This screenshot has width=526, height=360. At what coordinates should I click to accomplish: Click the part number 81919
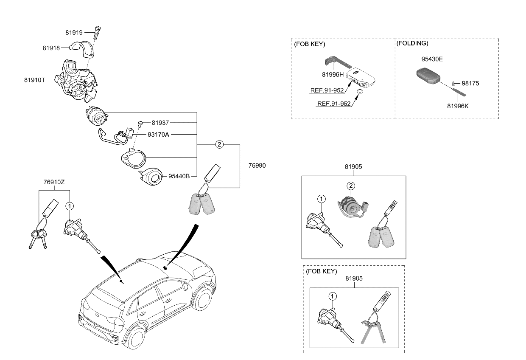point(74,32)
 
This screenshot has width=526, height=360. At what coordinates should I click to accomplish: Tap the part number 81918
point(51,48)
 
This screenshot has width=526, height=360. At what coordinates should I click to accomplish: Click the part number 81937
point(160,123)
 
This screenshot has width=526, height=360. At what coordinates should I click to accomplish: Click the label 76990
point(257,166)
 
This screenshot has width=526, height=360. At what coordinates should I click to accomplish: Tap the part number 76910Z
point(54,182)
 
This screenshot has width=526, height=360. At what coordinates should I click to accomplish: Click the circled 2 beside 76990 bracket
point(219,144)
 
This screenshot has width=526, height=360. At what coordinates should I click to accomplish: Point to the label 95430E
point(432,59)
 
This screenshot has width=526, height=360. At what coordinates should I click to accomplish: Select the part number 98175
point(470,83)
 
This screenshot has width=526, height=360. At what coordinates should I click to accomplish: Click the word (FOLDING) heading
point(412,43)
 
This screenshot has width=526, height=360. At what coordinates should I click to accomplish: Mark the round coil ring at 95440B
point(151,177)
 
